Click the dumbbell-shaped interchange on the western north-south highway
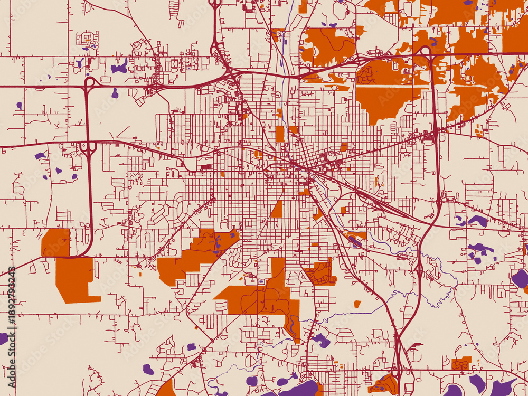pos(89,148)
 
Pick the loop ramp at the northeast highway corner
pos(425,51)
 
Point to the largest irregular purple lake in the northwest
pos(119,68)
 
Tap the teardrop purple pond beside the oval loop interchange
pos(115,93)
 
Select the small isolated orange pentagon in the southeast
pos(357,304)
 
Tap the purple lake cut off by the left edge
pos(3,338)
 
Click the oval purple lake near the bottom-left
pos(148,369)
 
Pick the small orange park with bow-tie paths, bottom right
pos(461,363)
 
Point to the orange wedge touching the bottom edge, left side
pos(167,388)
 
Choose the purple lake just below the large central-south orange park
pos(320,341)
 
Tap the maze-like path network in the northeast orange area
pos(365,76)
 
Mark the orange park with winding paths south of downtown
pos(320,273)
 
